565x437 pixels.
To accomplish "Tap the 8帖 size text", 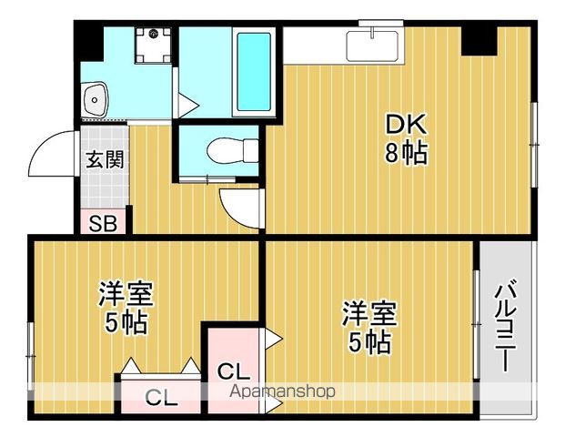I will click(x=405, y=153).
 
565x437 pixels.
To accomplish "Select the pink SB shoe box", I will click(x=102, y=222).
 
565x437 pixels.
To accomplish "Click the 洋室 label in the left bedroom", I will click(x=126, y=294).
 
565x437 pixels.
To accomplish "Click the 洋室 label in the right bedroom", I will click(x=368, y=314).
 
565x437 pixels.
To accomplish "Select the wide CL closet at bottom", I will click(x=161, y=398).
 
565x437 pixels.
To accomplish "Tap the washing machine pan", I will click(x=152, y=45).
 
